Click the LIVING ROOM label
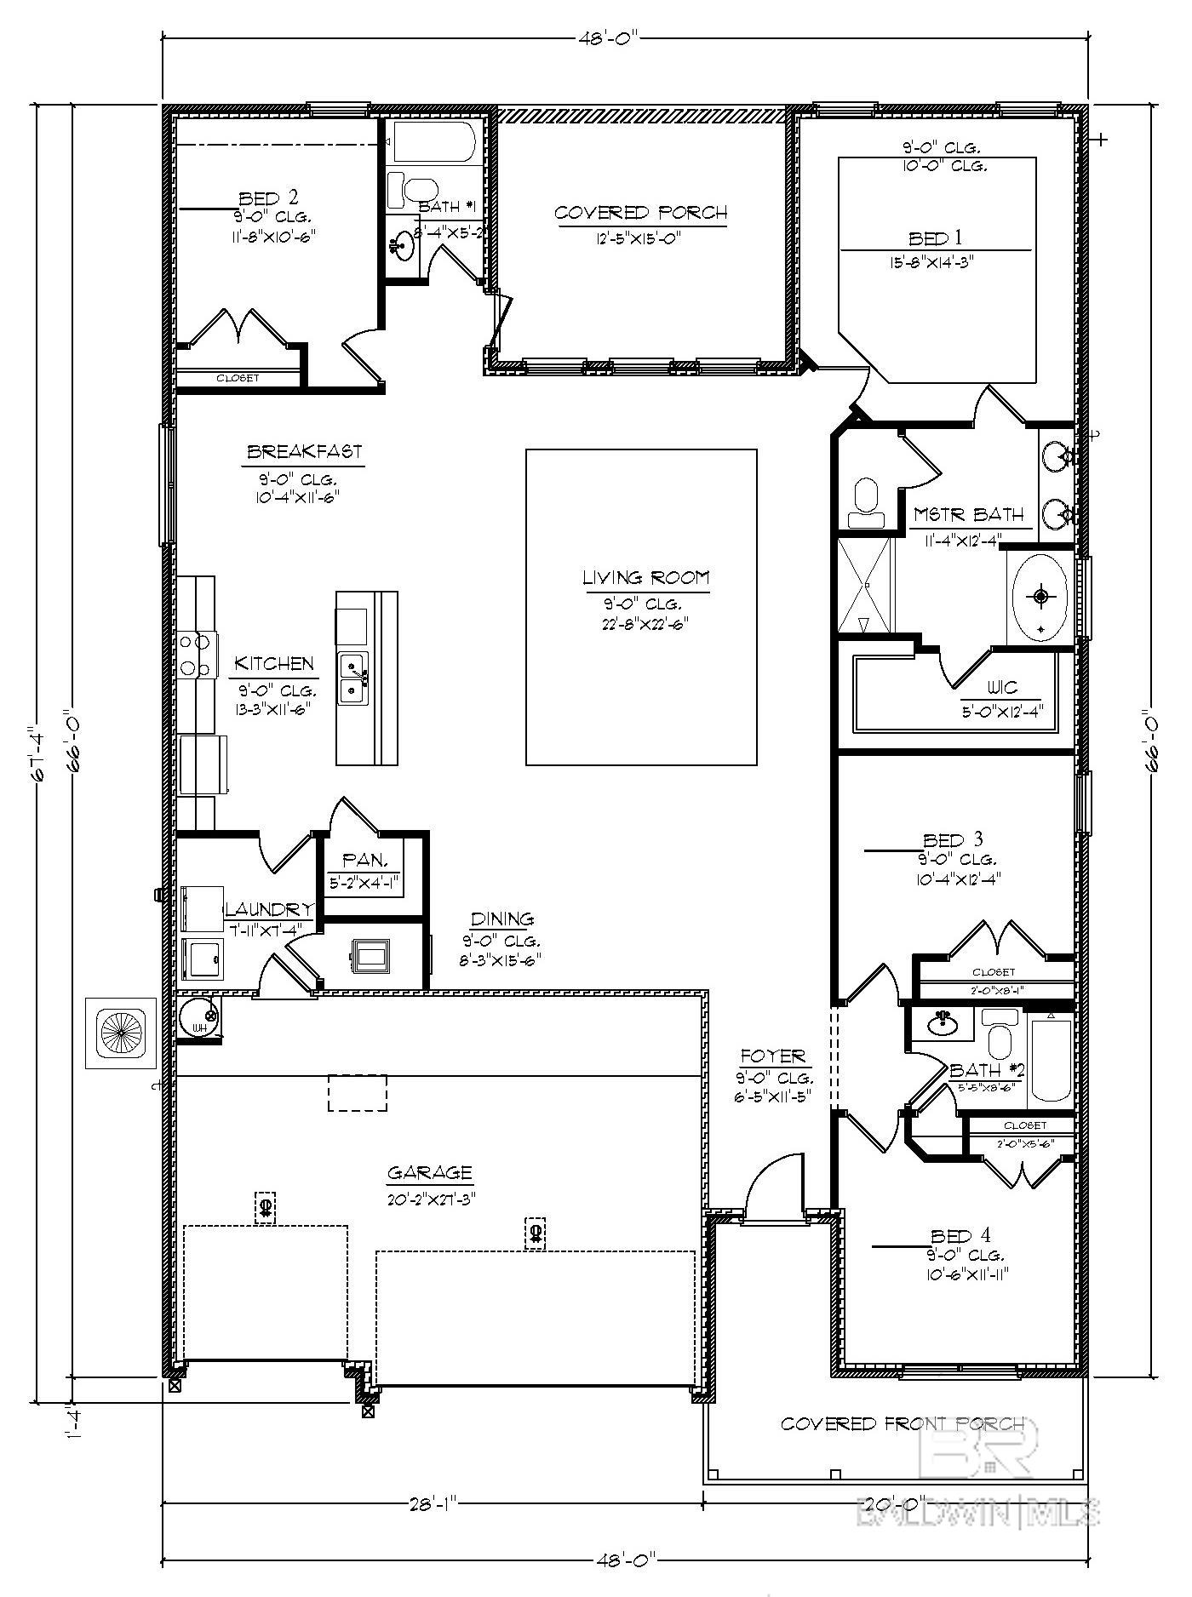pyautogui.click(x=645, y=578)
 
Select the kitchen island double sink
pyautogui.click(x=352, y=678)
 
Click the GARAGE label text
pyautogui.click(x=429, y=1173)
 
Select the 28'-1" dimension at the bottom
pyautogui.click(x=433, y=1504)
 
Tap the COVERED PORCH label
pyautogui.click(x=640, y=213)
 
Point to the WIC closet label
pyautogui.click(x=1002, y=688)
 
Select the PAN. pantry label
pyautogui.click(x=365, y=861)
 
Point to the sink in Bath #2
pyautogui.click(x=943, y=1022)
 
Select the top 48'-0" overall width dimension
pyautogui.click(x=608, y=38)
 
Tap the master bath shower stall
pyautogui.click(x=865, y=585)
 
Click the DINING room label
pyautogui.click(x=502, y=919)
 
